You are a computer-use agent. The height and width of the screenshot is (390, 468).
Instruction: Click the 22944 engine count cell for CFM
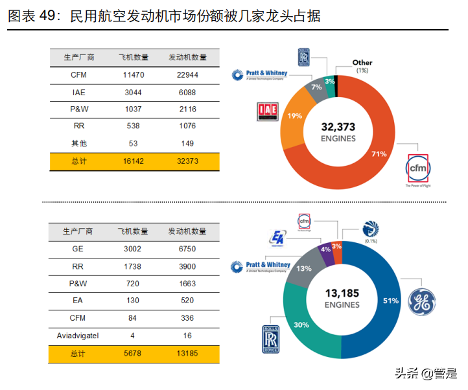[187, 75]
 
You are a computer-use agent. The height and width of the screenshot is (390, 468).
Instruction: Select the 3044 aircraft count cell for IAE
[133, 93]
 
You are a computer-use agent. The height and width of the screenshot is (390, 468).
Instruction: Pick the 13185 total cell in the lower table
[187, 353]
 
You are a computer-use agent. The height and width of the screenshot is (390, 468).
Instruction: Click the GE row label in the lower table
[78, 249]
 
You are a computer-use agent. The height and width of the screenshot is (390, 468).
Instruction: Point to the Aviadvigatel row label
[78, 335]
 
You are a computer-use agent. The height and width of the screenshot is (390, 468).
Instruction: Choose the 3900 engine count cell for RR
[187, 266]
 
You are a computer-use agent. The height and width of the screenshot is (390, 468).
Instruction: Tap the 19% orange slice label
[295, 116]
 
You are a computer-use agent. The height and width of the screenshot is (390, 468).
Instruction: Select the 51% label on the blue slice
[390, 301]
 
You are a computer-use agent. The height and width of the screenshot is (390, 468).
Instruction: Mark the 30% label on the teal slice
[301, 325]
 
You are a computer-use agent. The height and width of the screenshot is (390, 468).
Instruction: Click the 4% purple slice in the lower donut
[325, 249]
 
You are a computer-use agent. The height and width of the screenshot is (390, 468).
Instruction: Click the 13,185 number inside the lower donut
[342, 293]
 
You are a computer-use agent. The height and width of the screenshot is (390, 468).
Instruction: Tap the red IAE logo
[267, 111]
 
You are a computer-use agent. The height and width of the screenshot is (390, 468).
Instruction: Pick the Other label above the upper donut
[362, 63]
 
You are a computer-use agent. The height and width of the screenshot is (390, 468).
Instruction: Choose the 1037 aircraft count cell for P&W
[133, 109]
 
